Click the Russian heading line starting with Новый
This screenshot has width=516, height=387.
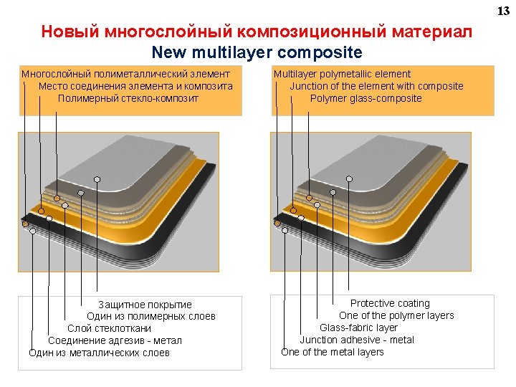pos(257,33)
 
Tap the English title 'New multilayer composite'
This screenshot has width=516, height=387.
pos(257,53)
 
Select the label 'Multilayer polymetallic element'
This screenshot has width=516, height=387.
pos(342,74)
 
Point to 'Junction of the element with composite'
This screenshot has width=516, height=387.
pos(376,86)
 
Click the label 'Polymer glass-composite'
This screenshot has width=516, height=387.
pos(366,98)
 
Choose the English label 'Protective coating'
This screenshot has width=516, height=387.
pos(390,304)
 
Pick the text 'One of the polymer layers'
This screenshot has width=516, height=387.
pos(396,316)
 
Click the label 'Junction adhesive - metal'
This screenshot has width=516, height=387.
pos(357,340)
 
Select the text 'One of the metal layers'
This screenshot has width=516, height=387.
pos(333,352)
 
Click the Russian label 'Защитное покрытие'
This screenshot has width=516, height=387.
pos(145,305)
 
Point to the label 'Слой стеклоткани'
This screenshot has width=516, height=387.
pos(110,328)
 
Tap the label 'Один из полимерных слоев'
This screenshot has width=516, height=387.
pos(151,316)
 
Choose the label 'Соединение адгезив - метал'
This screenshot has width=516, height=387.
pos(115,340)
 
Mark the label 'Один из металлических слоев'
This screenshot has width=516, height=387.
pos(100,353)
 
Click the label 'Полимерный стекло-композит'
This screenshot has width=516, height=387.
pos(128,98)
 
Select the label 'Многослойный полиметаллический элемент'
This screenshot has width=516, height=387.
pos(125,74)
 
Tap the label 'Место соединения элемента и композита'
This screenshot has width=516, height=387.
pos(135,86)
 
